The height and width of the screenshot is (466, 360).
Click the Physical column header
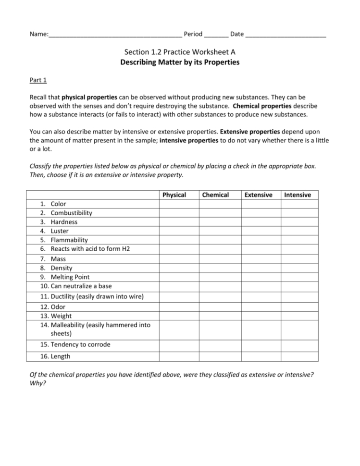(x=174, y=195)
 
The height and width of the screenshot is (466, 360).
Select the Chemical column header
(x=215, y=195)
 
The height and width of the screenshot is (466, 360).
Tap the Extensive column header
(x=258, y=195)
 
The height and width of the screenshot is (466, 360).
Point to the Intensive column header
(x=298, y=195)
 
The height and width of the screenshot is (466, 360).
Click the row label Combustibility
(x=71, y=213)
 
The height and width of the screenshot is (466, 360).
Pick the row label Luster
(x=60, y=231)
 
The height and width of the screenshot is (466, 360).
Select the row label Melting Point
(x=70, y=277)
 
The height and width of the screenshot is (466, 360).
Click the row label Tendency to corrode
(x=81, y=344)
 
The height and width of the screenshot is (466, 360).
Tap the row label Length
(x=61, y=356)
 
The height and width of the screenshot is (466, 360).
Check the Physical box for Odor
(x=179, y=307)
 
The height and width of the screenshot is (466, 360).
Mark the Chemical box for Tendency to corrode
(x=220, y=344)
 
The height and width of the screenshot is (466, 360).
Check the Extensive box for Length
(x=261, y=356)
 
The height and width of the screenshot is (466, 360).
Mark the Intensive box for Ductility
(x=299, y=296)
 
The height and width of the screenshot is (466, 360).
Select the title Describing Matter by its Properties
(x=180, y=62)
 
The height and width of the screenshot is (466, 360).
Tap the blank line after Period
(x=216, y=35)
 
